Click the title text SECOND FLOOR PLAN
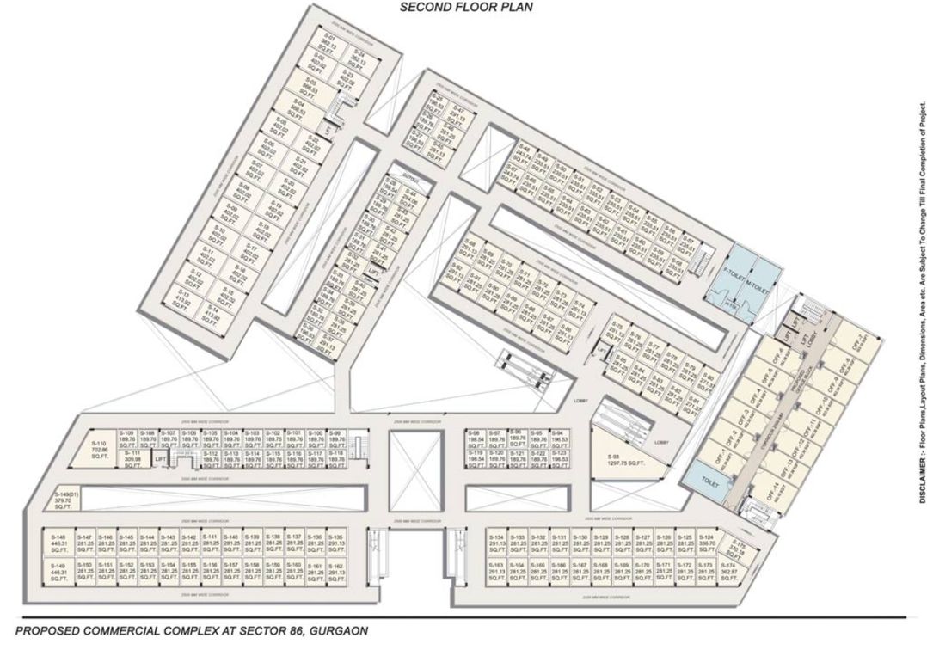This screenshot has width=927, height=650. pos(466,7)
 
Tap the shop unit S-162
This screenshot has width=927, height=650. pos(335,570)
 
